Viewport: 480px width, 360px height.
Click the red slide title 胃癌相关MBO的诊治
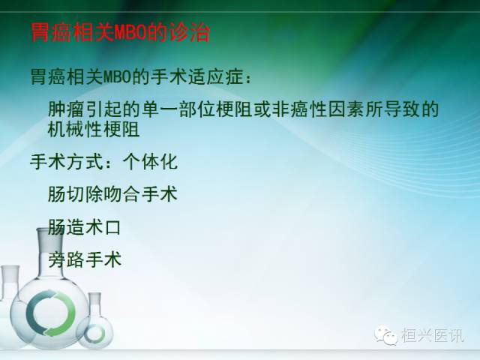[120, 34]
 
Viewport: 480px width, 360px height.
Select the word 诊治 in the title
[190, 34]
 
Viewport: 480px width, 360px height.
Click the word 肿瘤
[65, 109]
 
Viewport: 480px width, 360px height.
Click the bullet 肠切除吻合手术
[112, 194]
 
